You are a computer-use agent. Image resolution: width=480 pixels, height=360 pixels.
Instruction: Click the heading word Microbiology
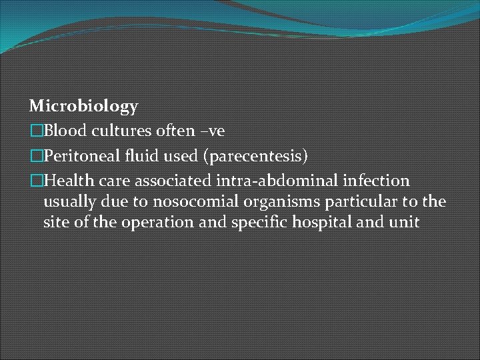coord(84,105)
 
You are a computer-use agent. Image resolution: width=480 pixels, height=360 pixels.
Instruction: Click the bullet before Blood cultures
coord(36,131)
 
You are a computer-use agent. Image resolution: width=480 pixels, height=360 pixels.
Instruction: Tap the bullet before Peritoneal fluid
coord(36,156)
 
